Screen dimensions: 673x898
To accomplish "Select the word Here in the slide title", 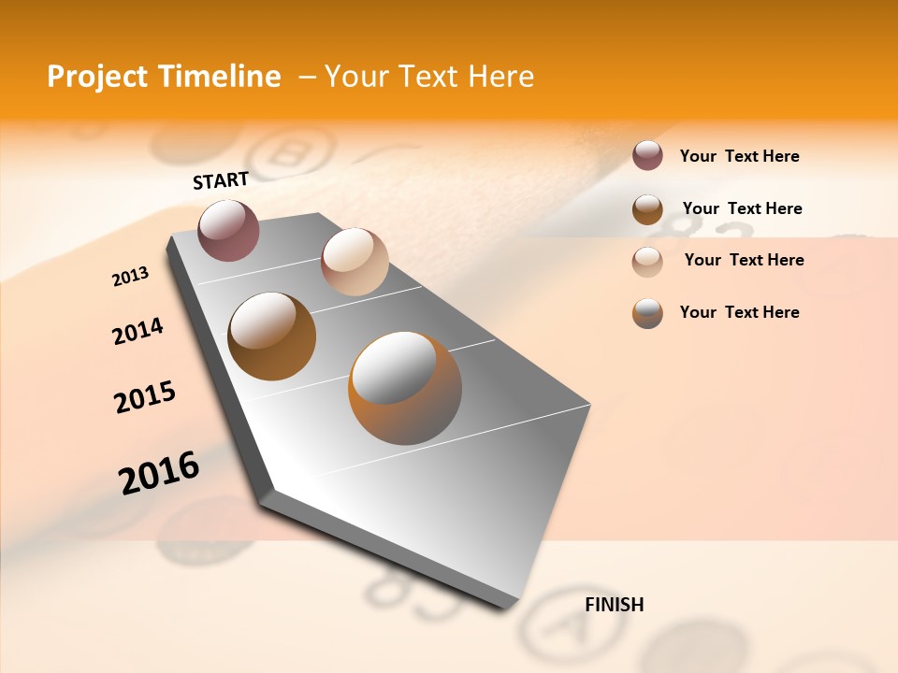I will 500,77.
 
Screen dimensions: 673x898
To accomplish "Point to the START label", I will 221,180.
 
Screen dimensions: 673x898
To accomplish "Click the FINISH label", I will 614,605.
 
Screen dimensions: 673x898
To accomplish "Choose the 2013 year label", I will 130,277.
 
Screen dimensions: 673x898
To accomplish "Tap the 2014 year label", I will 138,332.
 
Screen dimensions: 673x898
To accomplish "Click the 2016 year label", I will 159,473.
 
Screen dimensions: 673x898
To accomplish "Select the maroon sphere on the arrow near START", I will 228,230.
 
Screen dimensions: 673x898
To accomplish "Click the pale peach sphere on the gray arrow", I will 355,262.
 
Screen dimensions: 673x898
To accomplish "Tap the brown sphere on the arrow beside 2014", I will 272,336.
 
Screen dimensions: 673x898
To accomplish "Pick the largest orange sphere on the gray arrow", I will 405,388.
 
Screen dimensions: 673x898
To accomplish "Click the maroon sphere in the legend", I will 647,155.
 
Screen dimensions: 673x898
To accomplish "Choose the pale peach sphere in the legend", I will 647,261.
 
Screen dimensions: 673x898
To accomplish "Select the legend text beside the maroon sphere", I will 739,156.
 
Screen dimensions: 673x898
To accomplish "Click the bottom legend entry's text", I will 739,312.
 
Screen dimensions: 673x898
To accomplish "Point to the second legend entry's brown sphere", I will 647,208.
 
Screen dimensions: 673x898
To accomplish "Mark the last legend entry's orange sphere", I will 647,313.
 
